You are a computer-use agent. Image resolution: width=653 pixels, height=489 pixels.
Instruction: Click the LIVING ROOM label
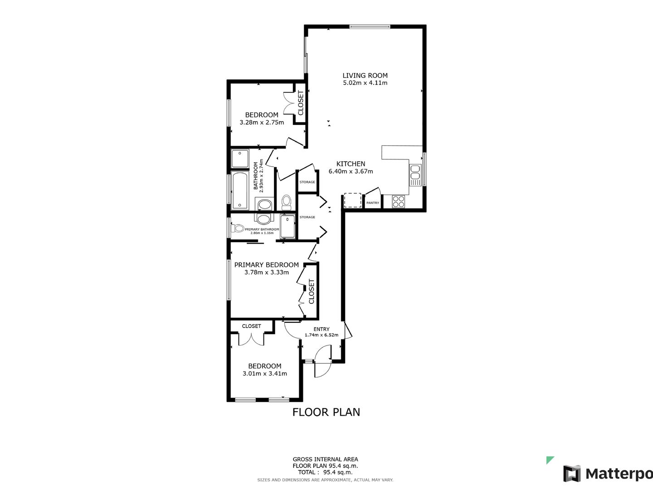(x=365, y=76)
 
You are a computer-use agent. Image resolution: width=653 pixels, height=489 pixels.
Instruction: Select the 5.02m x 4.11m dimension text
(x=365, y=83)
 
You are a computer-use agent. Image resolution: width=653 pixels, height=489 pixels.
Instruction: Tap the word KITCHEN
(x=351, y=164)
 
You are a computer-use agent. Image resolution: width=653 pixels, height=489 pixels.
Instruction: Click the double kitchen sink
(x=415, y=175)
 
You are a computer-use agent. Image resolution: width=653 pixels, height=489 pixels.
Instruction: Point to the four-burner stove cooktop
(x=398, y=201)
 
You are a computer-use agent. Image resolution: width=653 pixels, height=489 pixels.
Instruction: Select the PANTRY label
(x=373, y=203)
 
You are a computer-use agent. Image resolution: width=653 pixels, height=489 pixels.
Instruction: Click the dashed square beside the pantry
(x=352, y=200)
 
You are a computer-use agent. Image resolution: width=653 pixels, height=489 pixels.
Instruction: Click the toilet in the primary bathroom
(x=238, y=229)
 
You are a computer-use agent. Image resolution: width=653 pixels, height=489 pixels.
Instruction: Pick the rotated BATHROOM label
(x=256, y=176)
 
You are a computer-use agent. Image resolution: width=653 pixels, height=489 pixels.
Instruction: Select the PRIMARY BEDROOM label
(x=266, y=265)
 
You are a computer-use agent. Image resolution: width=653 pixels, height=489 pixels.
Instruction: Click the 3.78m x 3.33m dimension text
(x=266, y=273)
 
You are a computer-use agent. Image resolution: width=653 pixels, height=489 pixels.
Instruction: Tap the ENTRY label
(x=322, y=329)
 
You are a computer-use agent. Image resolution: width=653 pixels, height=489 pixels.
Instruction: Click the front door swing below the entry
(x=323, y=360)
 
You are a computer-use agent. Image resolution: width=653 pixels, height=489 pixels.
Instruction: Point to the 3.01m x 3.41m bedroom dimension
(x=264, y=374)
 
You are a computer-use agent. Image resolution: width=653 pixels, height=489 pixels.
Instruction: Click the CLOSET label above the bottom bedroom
(x=251, y=326)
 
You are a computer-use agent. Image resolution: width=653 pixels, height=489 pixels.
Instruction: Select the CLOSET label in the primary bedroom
(x=311, y=292)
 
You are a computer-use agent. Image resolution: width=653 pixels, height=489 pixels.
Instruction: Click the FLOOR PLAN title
(x=326, y=412)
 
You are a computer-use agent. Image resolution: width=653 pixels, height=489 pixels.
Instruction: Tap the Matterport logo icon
(x=572, y=474)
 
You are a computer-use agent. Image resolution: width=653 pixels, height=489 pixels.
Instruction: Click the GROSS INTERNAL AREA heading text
(x=325, y=459)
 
